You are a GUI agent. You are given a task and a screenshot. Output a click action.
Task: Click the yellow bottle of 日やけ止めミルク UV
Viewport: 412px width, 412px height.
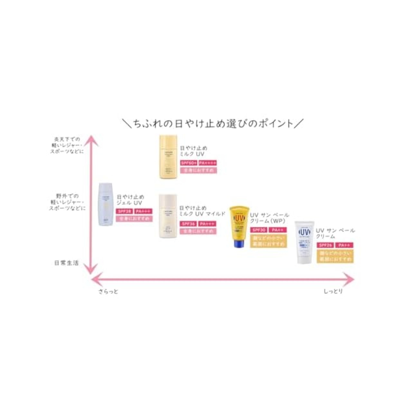(x=168, y=157)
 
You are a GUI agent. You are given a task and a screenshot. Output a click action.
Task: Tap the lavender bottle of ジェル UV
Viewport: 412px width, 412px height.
(x=106, y=204)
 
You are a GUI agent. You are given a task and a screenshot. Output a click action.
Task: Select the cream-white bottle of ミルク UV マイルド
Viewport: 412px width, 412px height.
(x=168, y=216)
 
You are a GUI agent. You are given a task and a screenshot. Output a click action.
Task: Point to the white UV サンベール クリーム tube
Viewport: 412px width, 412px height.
(x=304, y=242)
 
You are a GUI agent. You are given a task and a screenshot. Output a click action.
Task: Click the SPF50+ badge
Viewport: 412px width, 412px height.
(x=189, y=163)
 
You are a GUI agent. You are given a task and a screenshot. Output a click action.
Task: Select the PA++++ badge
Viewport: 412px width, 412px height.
(x=208, y=163)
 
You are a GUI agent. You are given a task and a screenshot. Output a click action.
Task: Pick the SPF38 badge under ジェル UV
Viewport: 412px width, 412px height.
(x=125, y=211)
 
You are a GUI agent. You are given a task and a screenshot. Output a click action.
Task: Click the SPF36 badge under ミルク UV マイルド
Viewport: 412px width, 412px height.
(x=188, y=224)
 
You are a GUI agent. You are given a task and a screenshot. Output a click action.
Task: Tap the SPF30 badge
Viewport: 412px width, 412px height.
(x=259, y=230)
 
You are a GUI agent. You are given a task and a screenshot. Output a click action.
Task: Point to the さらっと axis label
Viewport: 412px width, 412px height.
(x=108, y=292)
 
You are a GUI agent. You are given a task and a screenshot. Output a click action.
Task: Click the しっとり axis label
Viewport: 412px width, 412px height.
(x=333, y=292)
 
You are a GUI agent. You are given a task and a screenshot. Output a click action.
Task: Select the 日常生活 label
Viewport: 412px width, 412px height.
(x=66, y=263)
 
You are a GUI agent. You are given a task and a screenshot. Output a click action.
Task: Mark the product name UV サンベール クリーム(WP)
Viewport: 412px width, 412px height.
(x=269, y=218)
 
